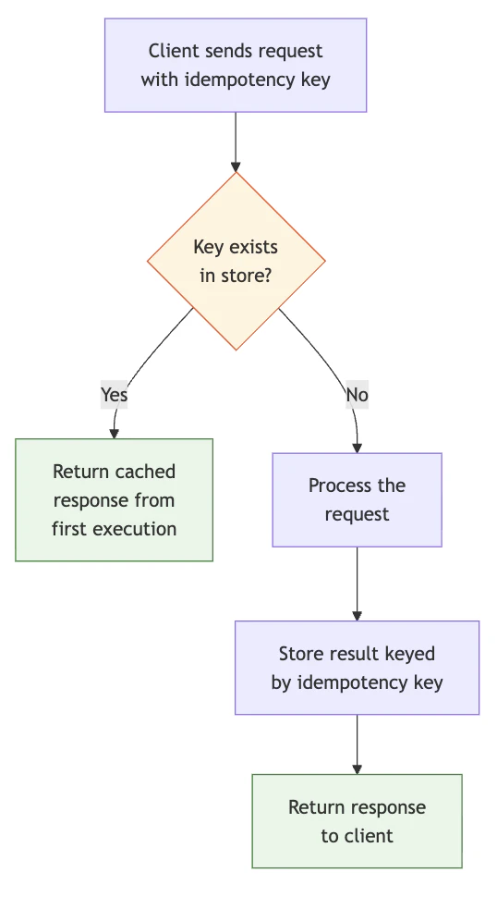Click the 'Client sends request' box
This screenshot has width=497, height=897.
coord(236,65)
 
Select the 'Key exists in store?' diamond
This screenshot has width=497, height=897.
coord(236,261)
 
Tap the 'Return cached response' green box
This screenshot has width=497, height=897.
coord(114,500)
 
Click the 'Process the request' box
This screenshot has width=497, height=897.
coord(357,499)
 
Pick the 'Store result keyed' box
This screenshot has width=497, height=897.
coord(357,668)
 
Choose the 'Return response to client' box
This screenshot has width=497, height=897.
coord(357,821)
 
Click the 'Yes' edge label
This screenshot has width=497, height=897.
coord(114,395)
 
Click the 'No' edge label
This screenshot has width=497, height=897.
coord(357,395)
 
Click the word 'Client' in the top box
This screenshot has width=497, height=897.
coord(173,51)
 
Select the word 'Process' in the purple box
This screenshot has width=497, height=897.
coord(336,485)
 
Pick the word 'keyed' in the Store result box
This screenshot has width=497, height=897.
coord(411,654)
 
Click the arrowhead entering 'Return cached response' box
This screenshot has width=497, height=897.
coord(115,433)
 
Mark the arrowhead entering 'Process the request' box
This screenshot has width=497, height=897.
coord(357,447)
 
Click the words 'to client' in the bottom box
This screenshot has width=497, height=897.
coord(357,836)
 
